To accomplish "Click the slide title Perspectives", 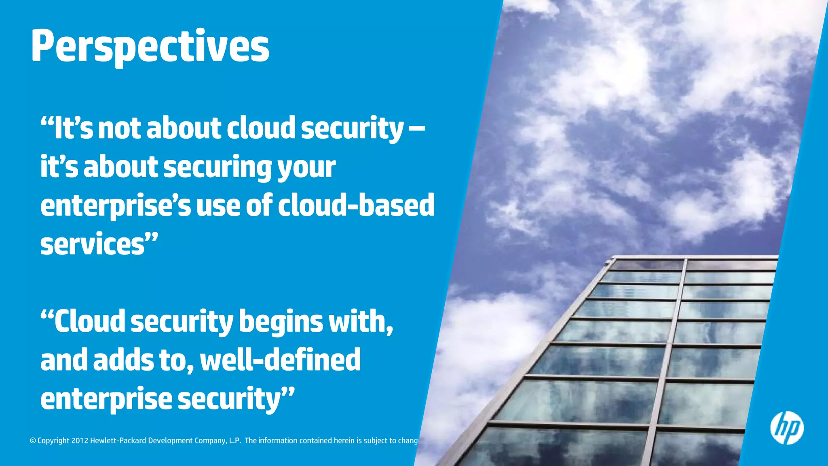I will click(150, 47).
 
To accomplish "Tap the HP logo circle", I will click(786, 428).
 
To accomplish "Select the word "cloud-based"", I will click(356, 205).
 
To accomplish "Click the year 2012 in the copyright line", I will click(80, 441).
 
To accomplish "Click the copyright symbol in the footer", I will click(33, 441).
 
